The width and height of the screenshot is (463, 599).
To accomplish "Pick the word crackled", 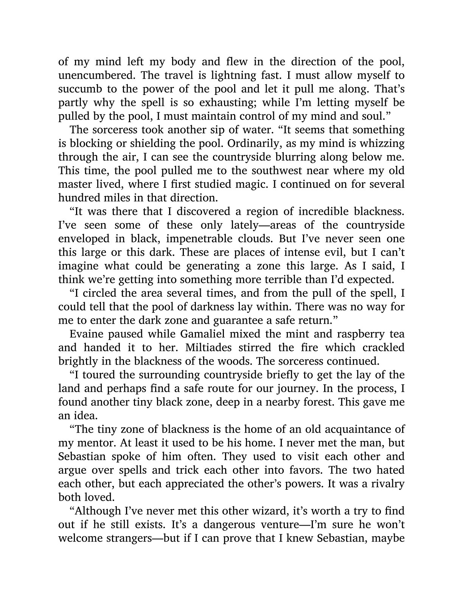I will [x=383, y=348].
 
